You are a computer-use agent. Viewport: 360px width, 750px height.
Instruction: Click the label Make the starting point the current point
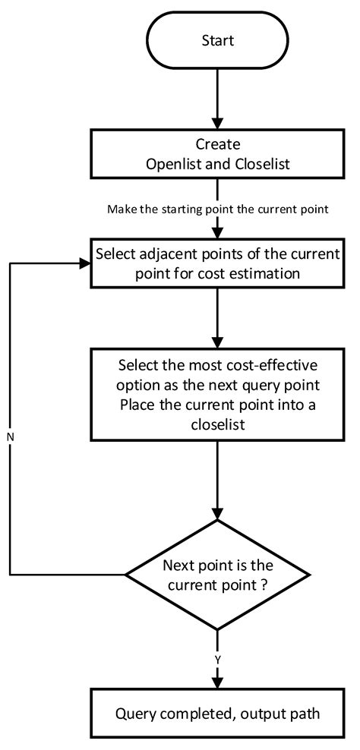(x=217, y=210)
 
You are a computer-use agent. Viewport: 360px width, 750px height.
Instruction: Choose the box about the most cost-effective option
(x=217, y=394)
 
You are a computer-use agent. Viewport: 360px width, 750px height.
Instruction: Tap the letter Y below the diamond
(x=217, y=660)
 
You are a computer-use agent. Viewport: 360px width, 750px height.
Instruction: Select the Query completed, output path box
(x=217, y=714)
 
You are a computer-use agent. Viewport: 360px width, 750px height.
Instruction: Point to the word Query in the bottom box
(x=135, y=714)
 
